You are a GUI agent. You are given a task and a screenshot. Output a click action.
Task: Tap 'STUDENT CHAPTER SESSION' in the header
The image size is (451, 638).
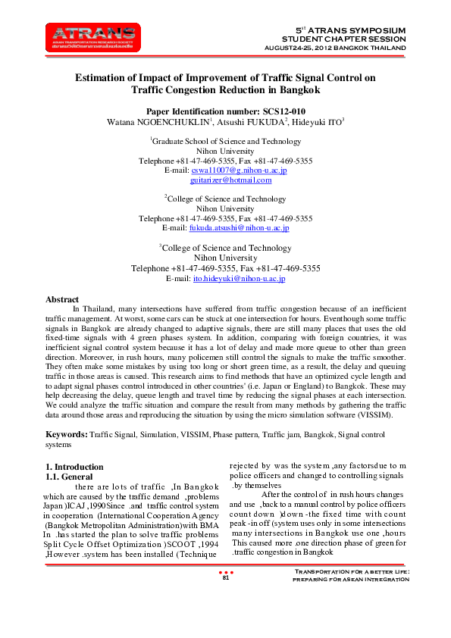pos(344,38)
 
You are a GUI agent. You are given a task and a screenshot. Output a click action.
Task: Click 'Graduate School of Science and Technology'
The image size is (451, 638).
pos(226,142)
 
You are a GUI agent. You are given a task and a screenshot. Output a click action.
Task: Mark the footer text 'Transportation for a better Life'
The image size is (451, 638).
pos(351,593)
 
